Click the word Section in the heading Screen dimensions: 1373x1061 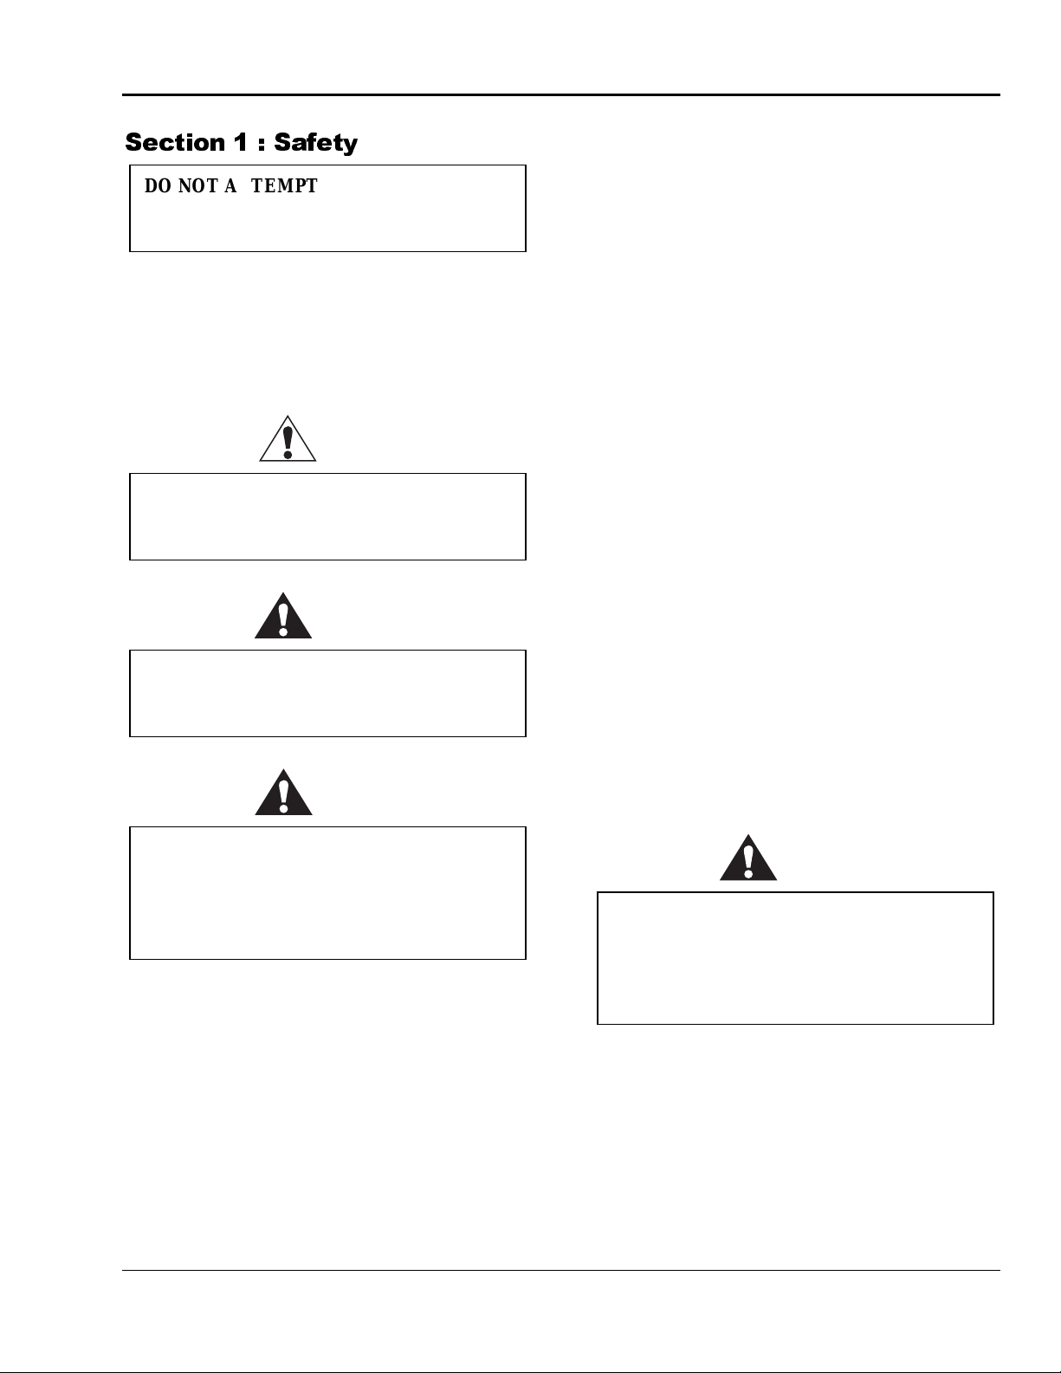[174, 142]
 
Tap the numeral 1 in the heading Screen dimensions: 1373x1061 [240, 142]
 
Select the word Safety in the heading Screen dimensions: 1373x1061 [316, 143]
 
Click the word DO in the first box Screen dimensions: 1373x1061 [158, 186]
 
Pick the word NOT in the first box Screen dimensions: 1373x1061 [197, 186]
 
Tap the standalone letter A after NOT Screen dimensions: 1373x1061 [230, 186]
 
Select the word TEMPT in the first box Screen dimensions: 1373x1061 [285, 186]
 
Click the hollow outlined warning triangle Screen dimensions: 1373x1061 [288, 439]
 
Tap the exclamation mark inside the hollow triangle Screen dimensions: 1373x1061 [288, 441]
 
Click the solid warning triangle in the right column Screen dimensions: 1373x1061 [748, 859]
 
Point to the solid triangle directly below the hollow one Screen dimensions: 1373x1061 [283, 617]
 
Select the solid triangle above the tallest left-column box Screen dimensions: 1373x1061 [283, 793]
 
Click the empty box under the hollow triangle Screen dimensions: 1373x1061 [327, 516]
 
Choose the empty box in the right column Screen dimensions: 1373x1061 [795, 958]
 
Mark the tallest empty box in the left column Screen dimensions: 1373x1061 [327, 892]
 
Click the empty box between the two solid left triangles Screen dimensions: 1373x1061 [327, 693]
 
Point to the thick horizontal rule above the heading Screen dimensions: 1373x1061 [561, 94]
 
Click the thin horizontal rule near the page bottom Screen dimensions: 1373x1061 [561, 1271]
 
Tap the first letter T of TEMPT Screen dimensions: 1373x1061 [257, 186]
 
